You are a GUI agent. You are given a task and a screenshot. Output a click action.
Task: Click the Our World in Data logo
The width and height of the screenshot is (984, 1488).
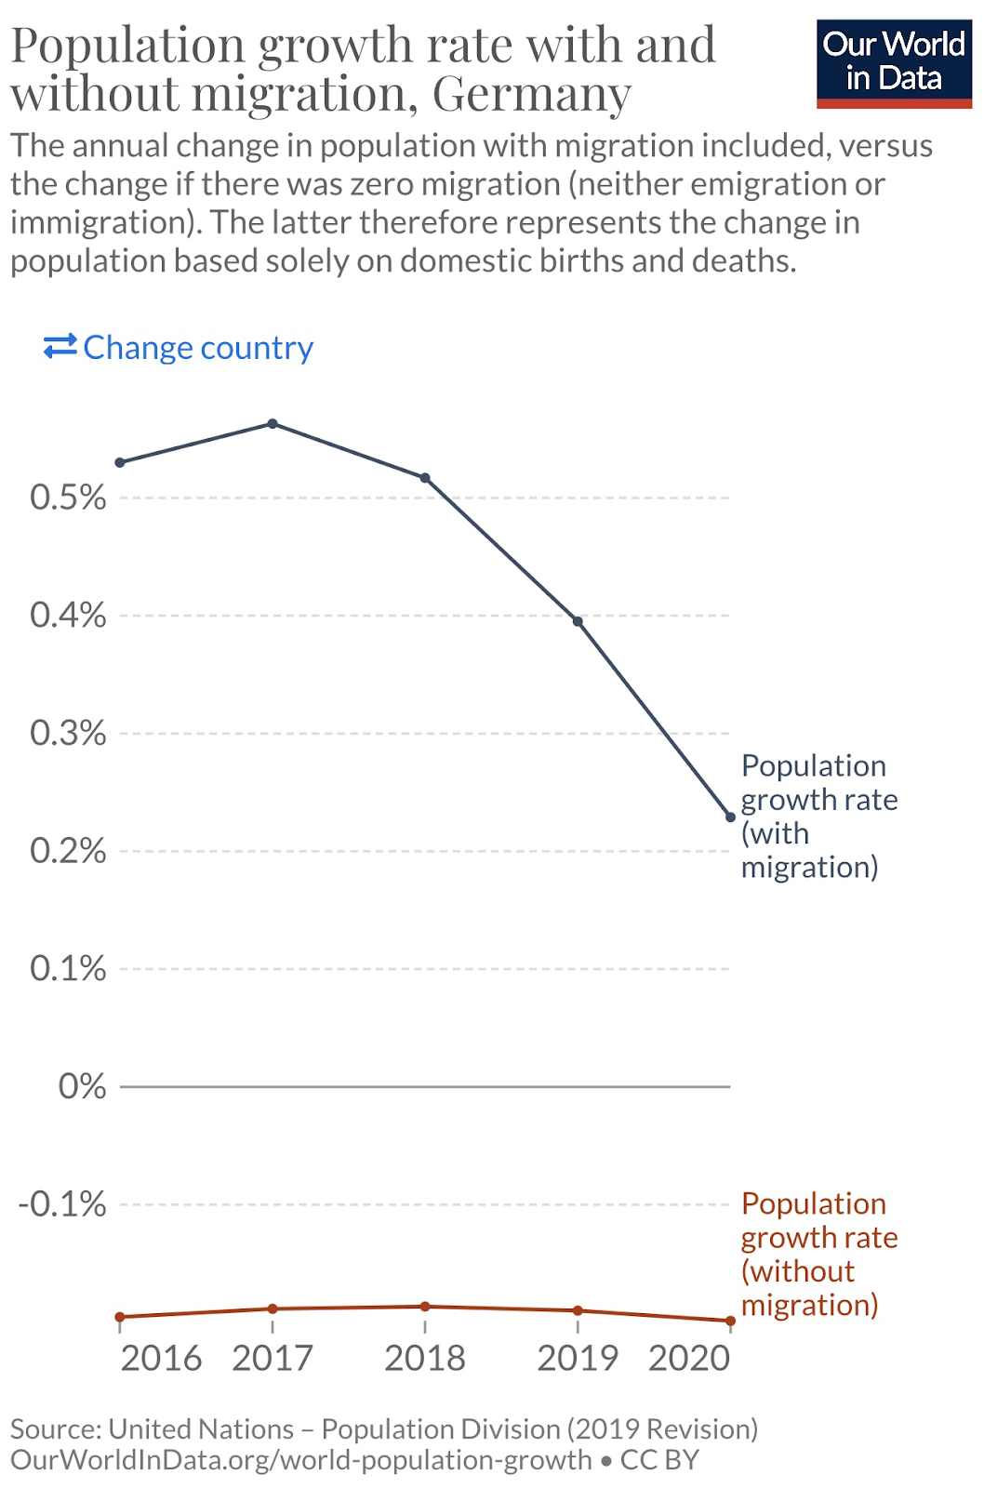pyautogui.click(x=894, y=63)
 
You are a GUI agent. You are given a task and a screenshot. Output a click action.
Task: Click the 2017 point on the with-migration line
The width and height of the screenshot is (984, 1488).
pyautogui.click(x=273, y=424)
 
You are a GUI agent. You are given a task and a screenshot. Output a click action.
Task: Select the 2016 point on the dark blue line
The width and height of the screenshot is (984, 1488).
pyautogui.click(x=120, y=462)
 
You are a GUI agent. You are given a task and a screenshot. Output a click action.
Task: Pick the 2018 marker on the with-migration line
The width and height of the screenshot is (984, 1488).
pyautogui.click(x=425, y=478)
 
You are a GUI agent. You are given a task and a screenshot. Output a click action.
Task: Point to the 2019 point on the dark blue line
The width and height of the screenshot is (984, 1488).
pyautogui.click(x=578, y=621)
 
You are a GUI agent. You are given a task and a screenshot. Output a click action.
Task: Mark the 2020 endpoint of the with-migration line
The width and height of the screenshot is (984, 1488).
pyautogui.click(x=730, y=817)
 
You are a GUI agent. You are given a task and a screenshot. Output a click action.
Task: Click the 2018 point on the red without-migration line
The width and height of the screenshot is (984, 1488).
pyautogui.click(x=425, y=1307)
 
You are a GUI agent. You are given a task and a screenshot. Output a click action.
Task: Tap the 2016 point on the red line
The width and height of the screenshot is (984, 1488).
pyautogui.click(x=120, y=1317)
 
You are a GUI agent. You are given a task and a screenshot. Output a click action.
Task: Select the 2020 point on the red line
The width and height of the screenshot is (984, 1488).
pyautogui.click(x=730, y=1321)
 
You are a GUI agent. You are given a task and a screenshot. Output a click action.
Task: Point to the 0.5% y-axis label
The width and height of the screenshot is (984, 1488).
pyautogui.click(x=68, y=498)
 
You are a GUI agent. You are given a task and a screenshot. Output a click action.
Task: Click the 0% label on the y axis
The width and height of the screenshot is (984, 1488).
pyautogui.click(x=82, y=1086)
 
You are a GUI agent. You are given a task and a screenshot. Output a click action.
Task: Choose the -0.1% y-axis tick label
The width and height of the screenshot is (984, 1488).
pyautogui.click(x=62, y=1204)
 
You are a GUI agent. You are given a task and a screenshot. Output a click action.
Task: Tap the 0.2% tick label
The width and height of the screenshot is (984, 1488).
pyautogui.click(x=68, y=851)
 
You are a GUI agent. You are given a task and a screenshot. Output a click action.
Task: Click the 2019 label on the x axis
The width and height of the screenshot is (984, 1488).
pyautogui.click(x=578, y=1359)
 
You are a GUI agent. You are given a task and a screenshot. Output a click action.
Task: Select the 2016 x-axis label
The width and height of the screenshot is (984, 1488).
pyautogui.click(x=161, y=1359)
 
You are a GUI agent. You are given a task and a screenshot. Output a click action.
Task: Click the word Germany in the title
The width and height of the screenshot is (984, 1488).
pyautogui.click(x=532, y=94)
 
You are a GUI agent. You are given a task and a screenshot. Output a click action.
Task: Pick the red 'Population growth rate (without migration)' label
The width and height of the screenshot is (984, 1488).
pyautogui.click(x=818, y=1254)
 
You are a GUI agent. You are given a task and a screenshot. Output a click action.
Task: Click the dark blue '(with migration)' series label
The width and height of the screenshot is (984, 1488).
pyautogui.click(x=818, y=816)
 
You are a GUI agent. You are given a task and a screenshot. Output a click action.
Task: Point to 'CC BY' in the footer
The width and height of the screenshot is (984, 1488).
pyautogui.click(x=659, y=1460)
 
